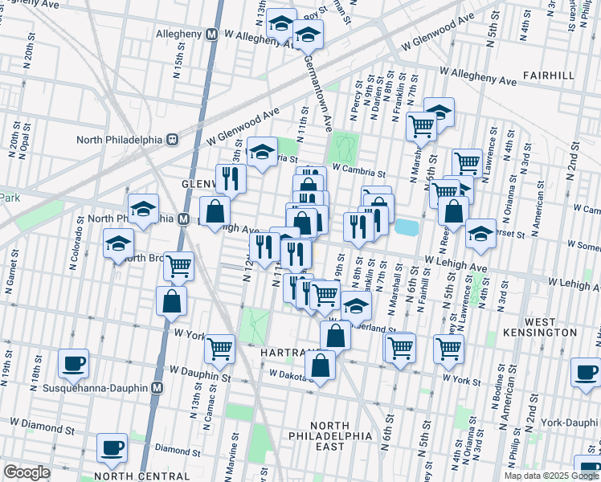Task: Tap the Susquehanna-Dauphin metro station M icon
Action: click(157, 388)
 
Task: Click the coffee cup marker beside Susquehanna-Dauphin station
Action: click(73, 362)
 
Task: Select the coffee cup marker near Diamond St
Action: click(112, 447)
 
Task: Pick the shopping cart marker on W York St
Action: click(219, 348)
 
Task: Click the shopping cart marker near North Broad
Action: click(178, 265)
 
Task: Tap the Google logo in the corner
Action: click(27, 472)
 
